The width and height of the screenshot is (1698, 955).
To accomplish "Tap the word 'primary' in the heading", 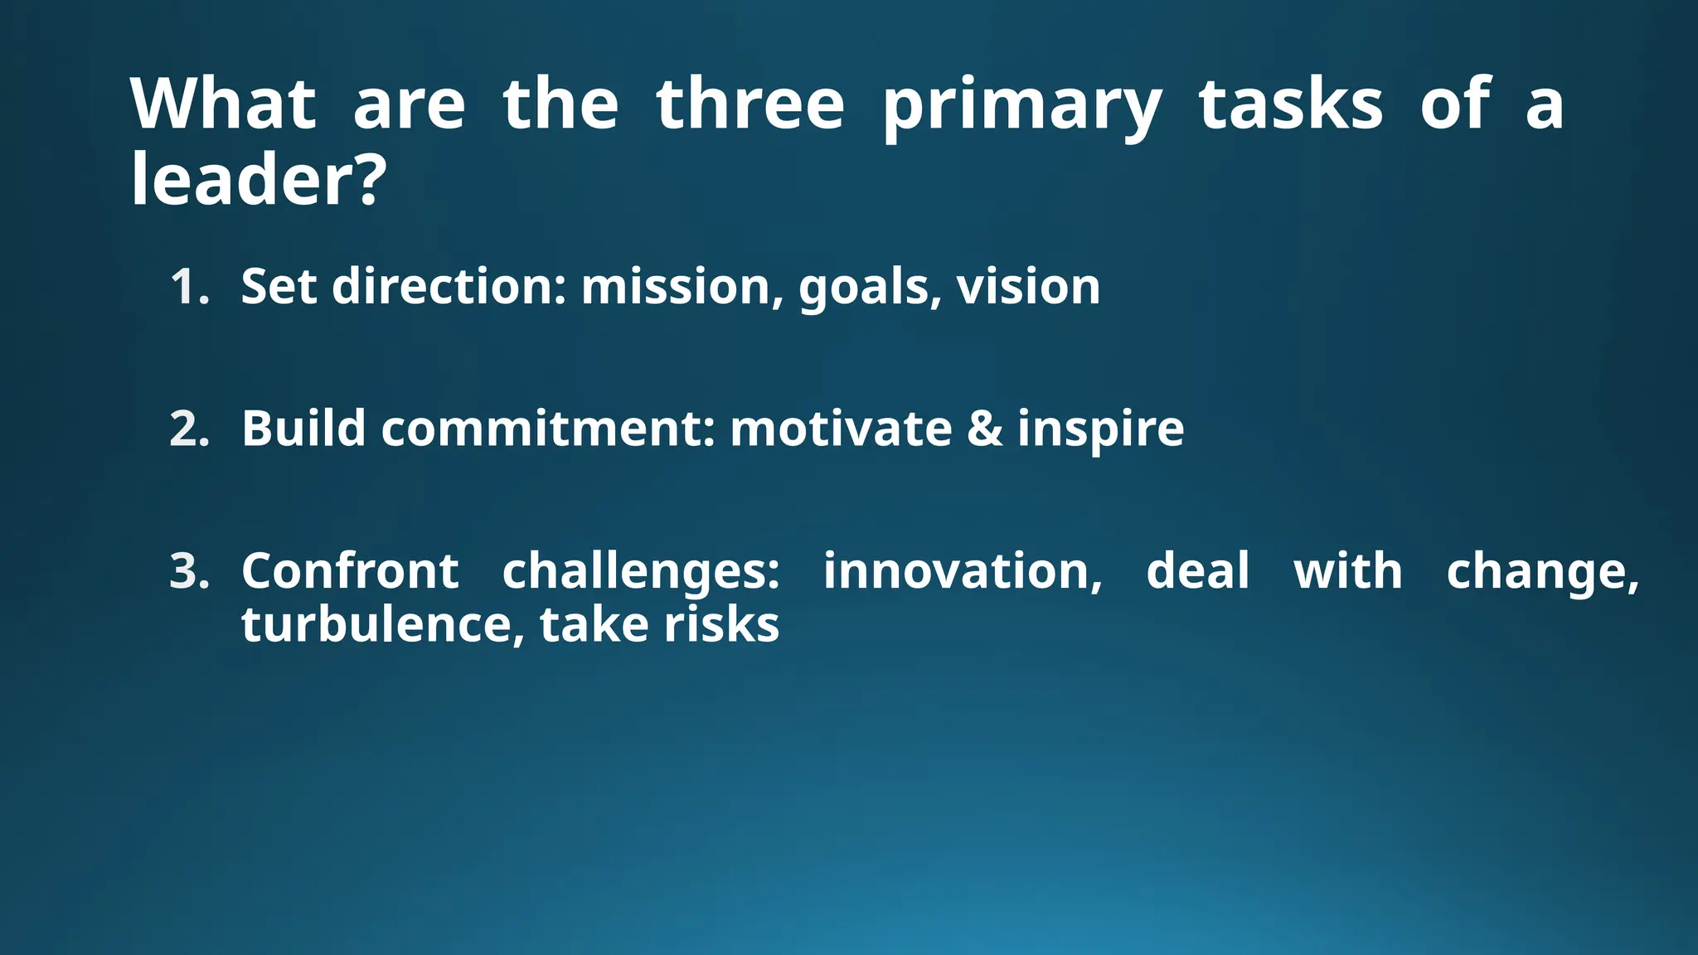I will tap(1021, 106).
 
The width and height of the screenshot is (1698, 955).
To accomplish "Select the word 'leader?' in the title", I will tap(258, 180).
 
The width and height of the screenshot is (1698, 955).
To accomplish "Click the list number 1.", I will tap(188, 287).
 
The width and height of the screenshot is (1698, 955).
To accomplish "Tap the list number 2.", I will tap(188, 429).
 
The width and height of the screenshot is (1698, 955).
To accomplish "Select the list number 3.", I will tap(188, 572).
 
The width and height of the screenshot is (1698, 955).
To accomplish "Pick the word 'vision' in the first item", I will tap(1028, 287).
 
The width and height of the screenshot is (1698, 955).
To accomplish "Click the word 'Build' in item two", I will tap(303, 429).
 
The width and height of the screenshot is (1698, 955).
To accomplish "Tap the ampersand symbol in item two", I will tap(984, 429).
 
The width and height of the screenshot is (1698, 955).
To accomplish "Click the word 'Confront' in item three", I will tap(349, 572).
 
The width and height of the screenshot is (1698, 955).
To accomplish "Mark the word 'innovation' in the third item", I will tap(960, 572).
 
